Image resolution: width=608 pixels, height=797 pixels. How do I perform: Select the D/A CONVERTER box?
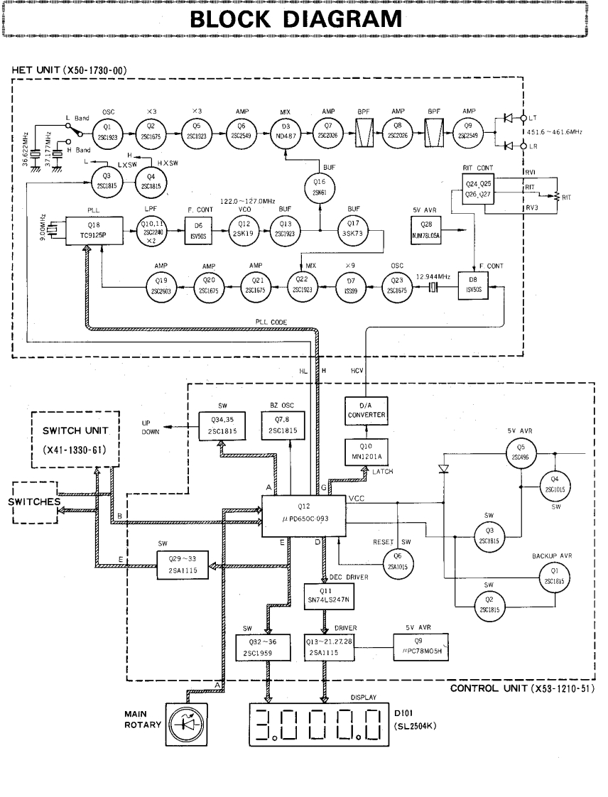click(x=364, y=410)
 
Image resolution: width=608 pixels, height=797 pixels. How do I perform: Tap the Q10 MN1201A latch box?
click(x=364, y=449)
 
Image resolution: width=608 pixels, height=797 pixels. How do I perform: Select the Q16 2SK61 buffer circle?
click(x=319, y=188)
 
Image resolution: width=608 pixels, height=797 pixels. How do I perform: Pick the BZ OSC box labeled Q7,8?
click(x=283, y=428)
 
